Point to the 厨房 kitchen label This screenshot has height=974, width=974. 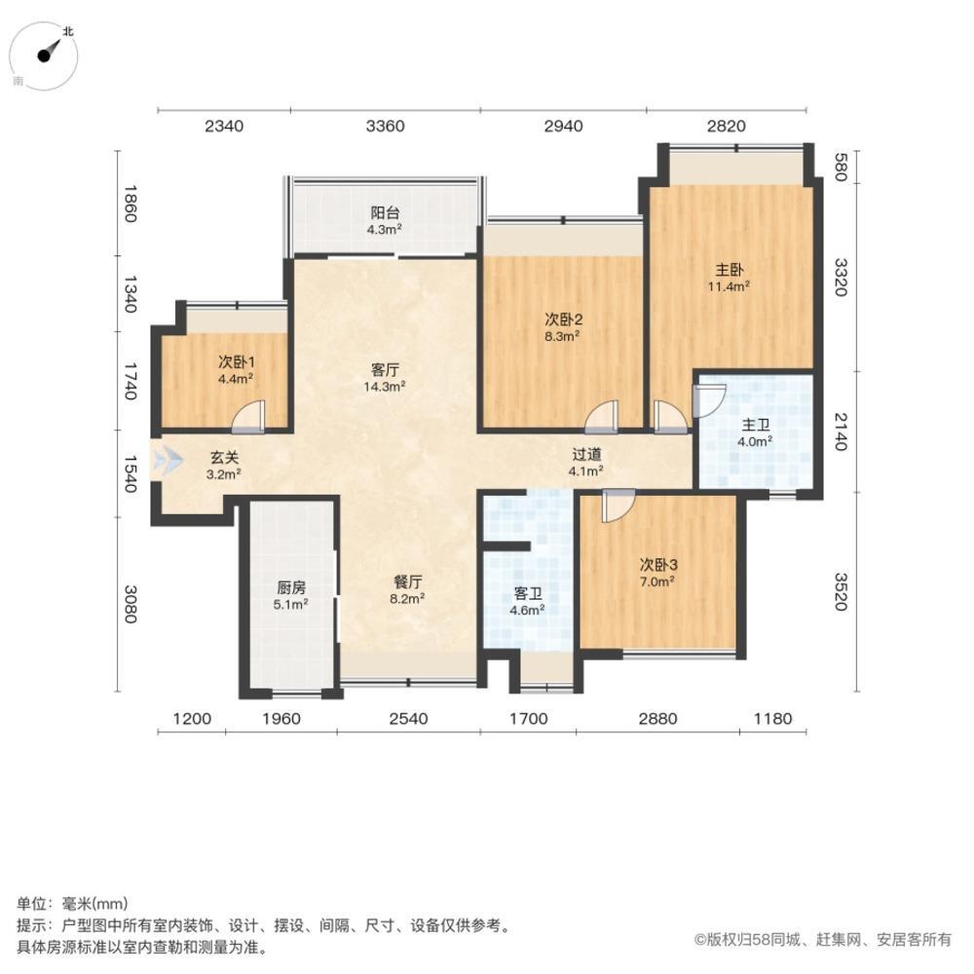291,587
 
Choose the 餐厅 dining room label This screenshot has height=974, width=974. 407,581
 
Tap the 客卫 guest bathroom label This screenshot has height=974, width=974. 527,593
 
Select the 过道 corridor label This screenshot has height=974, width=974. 585,454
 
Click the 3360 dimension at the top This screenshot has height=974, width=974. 385,126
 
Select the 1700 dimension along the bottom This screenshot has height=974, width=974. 528,720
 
